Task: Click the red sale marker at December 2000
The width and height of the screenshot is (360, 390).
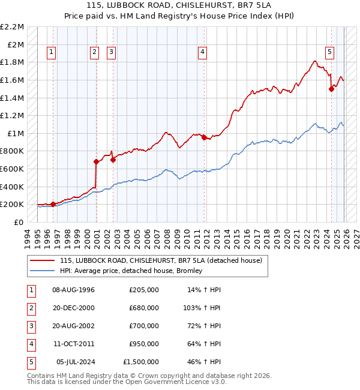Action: click(x=96, y=161)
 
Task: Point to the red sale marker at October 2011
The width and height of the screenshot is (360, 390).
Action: click(x=203, y=137)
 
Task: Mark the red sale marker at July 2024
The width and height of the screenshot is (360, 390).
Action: click(x=331, y=89)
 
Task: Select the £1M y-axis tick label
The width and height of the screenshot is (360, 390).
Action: click(x=14, y=133)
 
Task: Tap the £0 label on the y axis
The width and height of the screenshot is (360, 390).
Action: click(x=19, y=222)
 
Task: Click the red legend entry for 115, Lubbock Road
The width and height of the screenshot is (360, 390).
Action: click(x=161, y=261)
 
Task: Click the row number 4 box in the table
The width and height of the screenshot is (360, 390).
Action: click(x=29, y=344)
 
